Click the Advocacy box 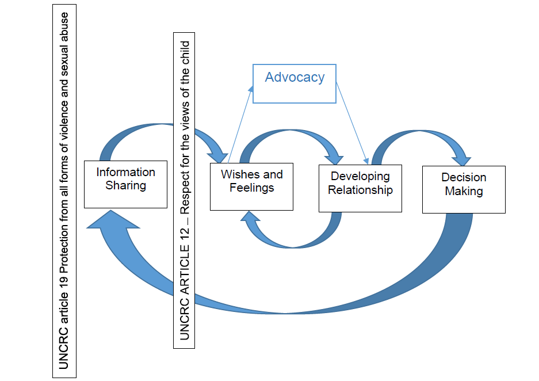294,83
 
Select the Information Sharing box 125,184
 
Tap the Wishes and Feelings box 251,186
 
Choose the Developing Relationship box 360,188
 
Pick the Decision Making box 464,189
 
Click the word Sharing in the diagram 125,185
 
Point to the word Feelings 251,188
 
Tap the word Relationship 360,190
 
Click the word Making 464,191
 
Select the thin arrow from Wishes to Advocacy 240,124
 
